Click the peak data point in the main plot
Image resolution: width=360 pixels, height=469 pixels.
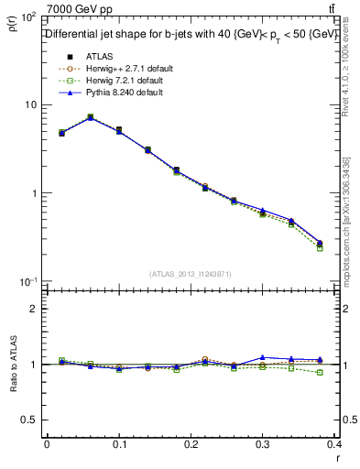point(90,117)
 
